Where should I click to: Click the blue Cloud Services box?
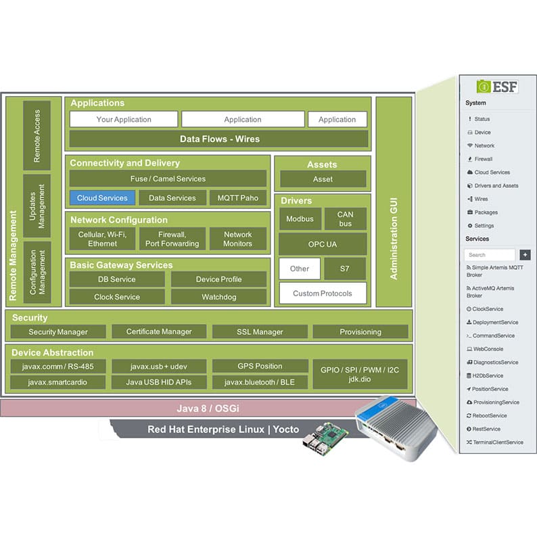tap(102, 198)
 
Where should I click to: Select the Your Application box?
tap(124, 119)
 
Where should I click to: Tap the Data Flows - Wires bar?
tap(219, 139)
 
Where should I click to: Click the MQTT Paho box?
tap(238, 198)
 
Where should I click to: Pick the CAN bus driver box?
tap(345, 219)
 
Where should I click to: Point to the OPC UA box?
tap(323, 244)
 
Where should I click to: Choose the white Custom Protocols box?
tap(323, 293)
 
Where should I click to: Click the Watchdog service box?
tap(219, 297)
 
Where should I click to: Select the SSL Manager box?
tap(260, 332)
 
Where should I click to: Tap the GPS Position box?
tap(260, 366)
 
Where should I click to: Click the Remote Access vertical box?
tap(37, 136)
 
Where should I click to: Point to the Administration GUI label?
tap(394, 239)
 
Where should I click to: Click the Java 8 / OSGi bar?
tap(208, 408)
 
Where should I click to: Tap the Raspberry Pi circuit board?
tap(325, 439)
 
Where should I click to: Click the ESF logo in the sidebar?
tap(497, 87)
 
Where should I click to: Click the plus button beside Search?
tap(525, 255)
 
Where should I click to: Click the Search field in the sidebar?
tap(490, 255)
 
